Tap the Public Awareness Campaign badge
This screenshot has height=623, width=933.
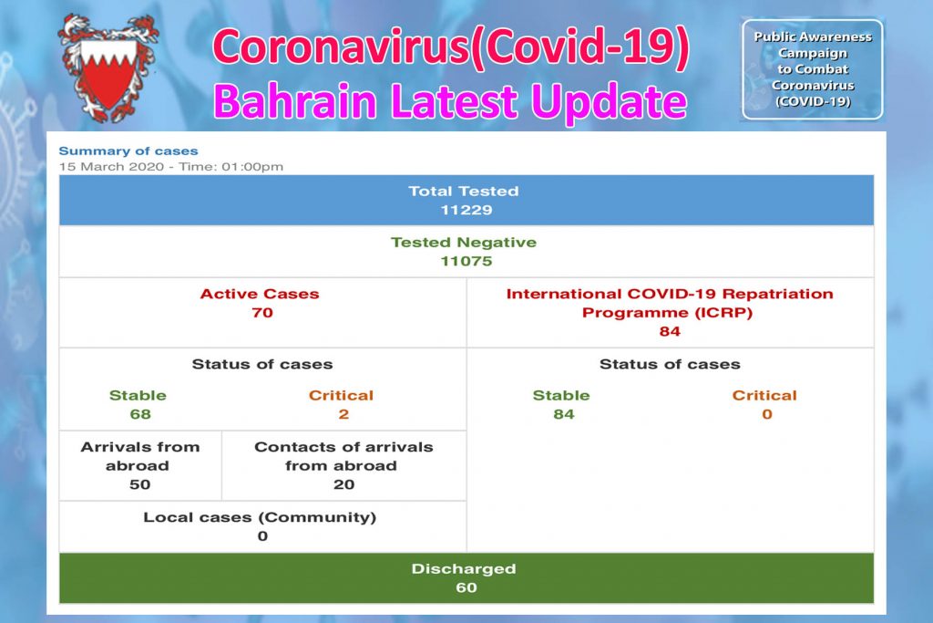click(x=812, y=69)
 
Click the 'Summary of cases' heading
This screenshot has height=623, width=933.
click(x=128, y=151)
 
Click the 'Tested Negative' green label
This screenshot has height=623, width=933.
click(x=463, y=243)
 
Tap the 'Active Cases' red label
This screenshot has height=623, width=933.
click(x=260, y=294)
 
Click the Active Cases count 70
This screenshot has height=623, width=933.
click(x=262, y=313)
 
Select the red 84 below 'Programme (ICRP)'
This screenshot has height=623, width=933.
click(x=670, y=331)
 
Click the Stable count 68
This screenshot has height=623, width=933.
click(x=139, y=414)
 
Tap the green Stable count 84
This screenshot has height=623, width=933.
click(x=564, y=414)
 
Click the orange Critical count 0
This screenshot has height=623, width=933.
click(x=767, y=414)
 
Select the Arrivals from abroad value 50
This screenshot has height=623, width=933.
click(x=139, y=484)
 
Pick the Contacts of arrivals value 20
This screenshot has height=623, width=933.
click(x=343, y=484)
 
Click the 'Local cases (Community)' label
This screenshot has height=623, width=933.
click(x=260, y=517)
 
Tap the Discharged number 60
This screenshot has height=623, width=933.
click(x=466, y=587)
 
